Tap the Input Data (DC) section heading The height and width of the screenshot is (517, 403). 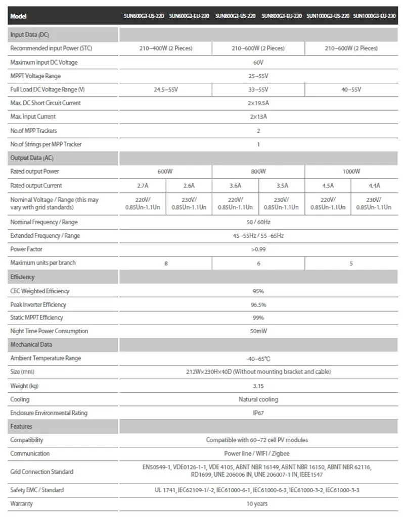(x=30, y=35)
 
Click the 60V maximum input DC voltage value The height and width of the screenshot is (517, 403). (x=258, y=63)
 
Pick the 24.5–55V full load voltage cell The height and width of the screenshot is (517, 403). (x=166, y=89)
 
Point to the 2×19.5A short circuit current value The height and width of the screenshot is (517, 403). (x=258, y=103)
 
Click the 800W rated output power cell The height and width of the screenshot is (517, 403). (x=258, y=172)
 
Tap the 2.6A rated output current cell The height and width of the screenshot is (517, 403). (x=189, y=185)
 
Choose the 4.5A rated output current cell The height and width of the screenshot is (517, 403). (x=328, y=185)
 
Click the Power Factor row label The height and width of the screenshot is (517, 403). (x=26, y=249)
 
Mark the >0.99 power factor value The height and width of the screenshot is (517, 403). (x=258, y=249)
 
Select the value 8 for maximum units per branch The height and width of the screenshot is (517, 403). (x=166, y=263)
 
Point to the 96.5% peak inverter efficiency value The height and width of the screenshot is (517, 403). (x=258, y=304)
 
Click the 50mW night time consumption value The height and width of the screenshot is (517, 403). (x=258, y=331)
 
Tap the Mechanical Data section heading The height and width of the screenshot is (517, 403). (x=31, y=345)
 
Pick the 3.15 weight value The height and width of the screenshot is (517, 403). (x=258, y=386)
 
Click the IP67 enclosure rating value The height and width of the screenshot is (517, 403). (x=258, y=413)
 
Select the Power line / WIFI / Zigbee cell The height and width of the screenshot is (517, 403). (x=258, y=453)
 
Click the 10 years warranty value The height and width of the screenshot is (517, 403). (x=258, y=504)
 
